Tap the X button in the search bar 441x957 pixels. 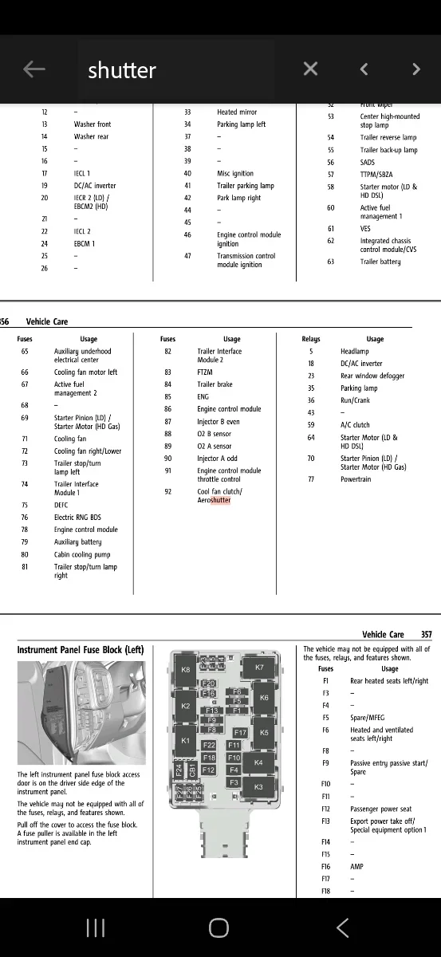coord(311,69)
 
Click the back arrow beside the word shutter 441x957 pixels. coord(33,69)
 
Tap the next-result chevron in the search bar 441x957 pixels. coord(415,69)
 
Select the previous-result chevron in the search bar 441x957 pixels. coord(364,69)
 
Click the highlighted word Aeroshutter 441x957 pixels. coord(215,500)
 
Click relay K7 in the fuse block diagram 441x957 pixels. coord(259,668)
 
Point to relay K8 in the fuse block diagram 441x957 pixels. coord(186,670)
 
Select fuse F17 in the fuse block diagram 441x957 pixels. coord(240,732)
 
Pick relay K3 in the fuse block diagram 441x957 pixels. coord(258,787)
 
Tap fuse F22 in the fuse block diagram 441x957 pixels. coord(209,746)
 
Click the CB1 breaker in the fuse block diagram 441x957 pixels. coord(192,770)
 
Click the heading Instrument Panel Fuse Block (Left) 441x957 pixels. coord(81,650)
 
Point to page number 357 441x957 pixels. coord(427,635)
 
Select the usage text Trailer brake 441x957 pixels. coord(215,384)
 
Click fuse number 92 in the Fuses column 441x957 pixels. coord(167,492)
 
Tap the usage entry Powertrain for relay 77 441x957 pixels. coord(356,479)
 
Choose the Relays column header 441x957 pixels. coord(311,339)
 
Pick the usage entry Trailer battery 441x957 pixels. coord(380,262)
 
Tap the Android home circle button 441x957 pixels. coord(219,927)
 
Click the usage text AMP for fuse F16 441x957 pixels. coord(356,867)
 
